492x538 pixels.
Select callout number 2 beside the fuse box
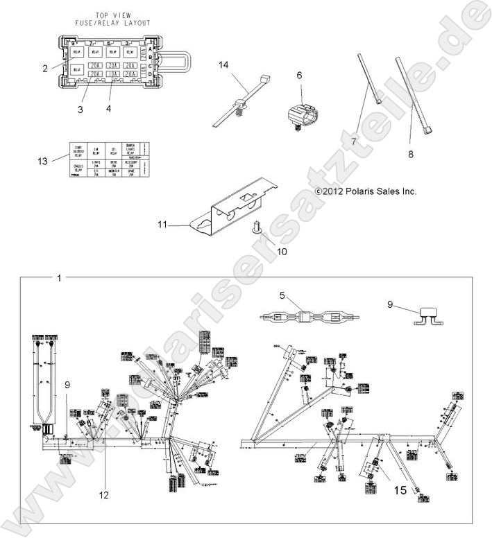44,68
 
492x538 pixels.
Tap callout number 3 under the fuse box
80,110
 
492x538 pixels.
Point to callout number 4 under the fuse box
108,110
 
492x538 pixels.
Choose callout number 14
223,64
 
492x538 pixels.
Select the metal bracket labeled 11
236,211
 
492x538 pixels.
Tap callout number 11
162,225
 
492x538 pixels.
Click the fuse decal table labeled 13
108,161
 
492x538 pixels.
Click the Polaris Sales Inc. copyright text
366,191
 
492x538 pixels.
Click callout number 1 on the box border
59,278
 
